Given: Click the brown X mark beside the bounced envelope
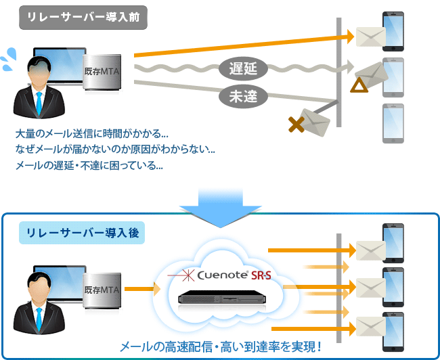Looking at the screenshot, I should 296,124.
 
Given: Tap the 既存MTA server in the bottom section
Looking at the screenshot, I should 101,290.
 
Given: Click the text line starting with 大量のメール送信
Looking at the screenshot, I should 91,134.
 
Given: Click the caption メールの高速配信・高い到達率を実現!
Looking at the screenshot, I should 220,347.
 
